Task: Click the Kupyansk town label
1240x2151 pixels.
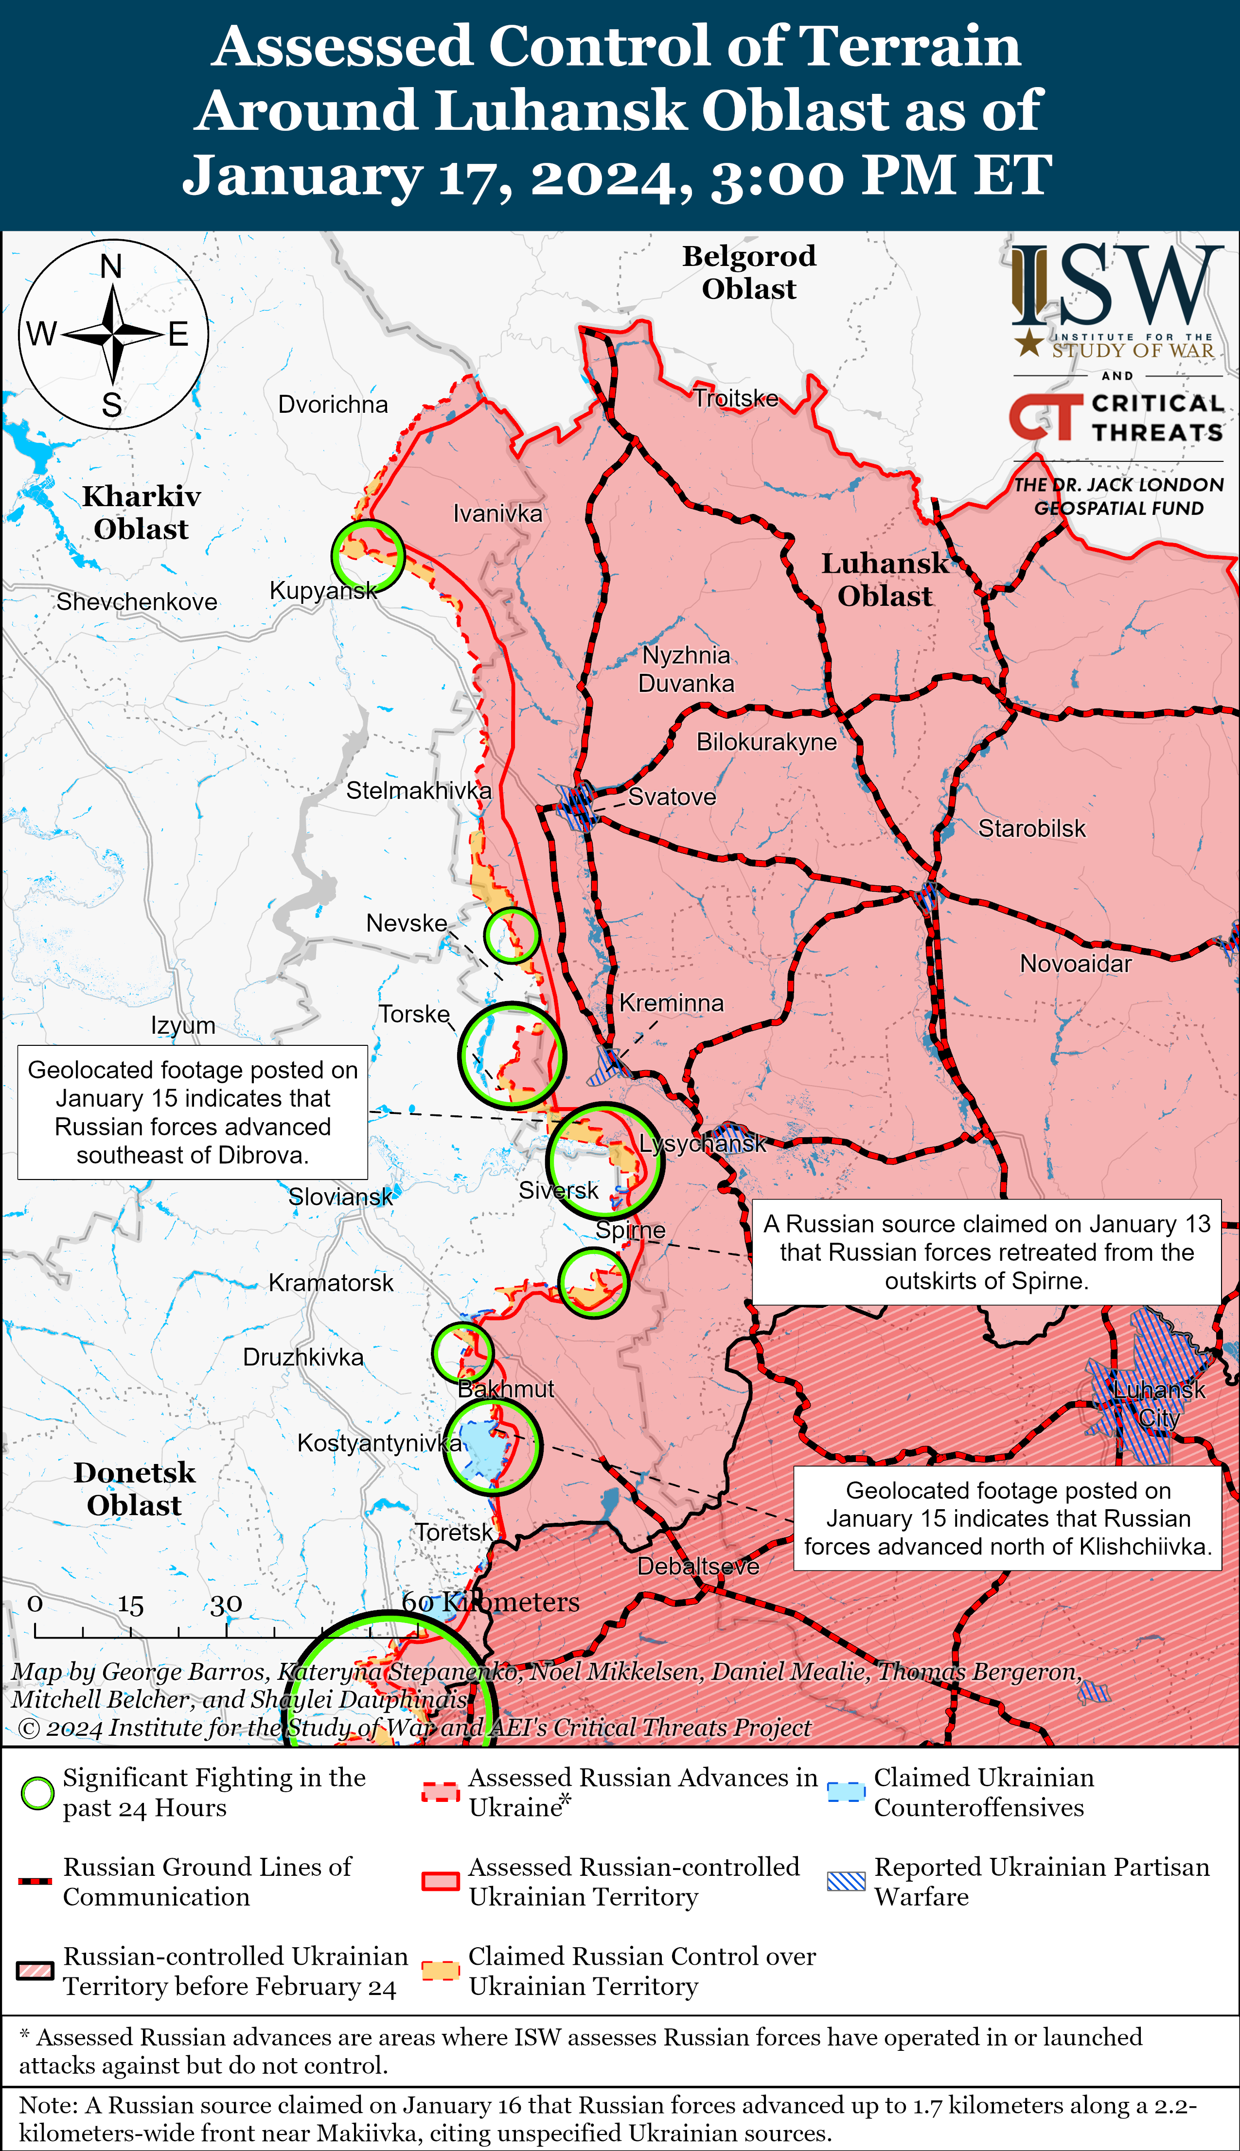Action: (324, 590)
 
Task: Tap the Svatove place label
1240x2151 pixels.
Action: (672, 797)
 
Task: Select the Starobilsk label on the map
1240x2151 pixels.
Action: (1031, 829)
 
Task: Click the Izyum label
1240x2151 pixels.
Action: (183, 1025)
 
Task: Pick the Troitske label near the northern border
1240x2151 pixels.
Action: (736, 399)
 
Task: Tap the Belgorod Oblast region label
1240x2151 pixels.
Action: (749, 272)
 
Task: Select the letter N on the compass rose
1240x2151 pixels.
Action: (111, 266)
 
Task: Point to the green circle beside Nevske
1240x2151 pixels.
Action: (512, 934)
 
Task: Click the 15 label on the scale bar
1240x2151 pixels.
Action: (130, 1605)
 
